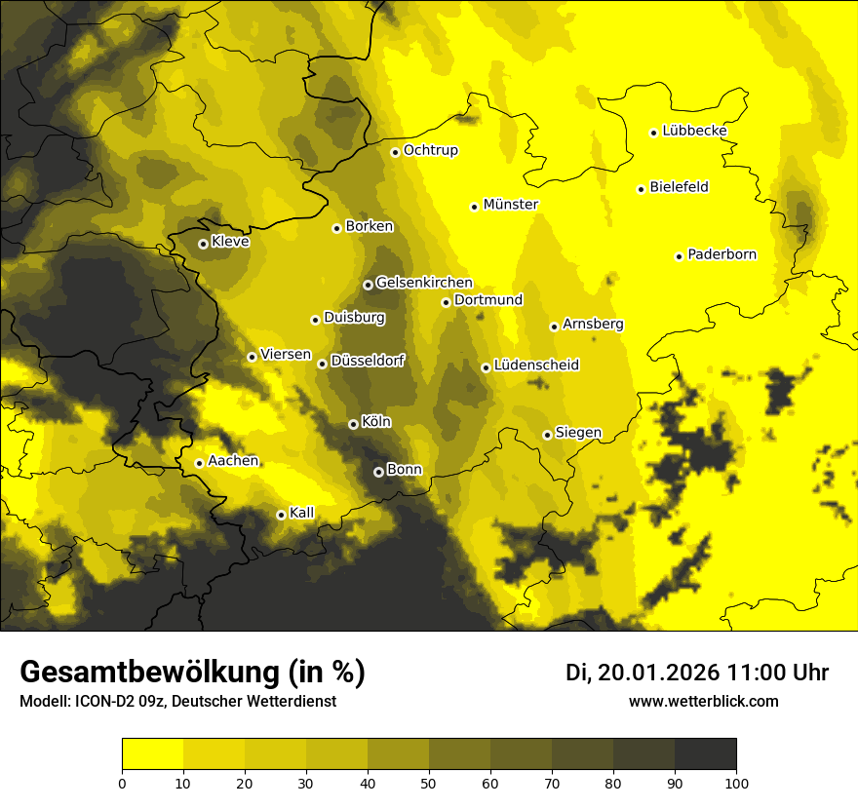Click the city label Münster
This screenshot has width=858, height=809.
point(510,205)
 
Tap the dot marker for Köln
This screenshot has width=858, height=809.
point(353,424)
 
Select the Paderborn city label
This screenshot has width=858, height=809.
point(721,254)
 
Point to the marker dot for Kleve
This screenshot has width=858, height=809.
point(203,244)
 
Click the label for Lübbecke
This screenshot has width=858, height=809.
point(694,131)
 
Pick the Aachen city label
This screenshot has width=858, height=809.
point(233,460)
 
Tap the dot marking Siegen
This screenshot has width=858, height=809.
point(547,435)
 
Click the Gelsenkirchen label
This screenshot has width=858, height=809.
point(423,283)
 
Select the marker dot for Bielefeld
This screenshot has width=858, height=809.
point(641,189)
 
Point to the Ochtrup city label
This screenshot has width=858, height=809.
point(430,150)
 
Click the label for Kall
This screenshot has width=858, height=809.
point(301,512)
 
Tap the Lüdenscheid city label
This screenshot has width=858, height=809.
point(536,365)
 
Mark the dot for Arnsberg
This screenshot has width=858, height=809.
point(554,327)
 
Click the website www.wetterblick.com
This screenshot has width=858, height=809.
point(703,701)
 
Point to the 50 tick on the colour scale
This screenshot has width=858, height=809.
point(429,782)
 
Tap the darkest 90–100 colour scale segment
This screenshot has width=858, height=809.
point(705,754)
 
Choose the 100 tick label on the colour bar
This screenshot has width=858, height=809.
point(736,782)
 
